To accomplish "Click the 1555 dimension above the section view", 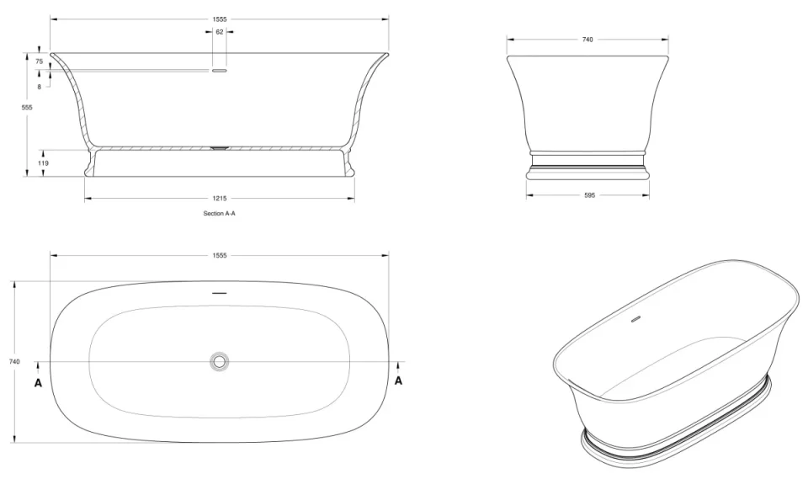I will [220, 19].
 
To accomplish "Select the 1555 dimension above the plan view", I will [220, 255].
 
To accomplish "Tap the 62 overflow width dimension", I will [220, 32].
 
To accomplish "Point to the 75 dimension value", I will [39, 61].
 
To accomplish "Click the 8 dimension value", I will [39, 87].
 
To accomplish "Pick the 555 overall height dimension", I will [27, 108].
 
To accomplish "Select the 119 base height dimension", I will [43, 163].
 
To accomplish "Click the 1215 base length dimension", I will [220, 199].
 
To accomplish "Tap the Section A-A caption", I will [220, 214].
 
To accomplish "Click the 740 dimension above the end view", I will [587, 40].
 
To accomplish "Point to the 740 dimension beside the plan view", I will [14, 361].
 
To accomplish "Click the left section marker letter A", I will [38, 381].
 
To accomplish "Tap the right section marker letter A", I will [399, 381].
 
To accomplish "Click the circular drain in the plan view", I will [220, 361].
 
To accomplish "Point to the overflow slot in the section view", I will [220, 72].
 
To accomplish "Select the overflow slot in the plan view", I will [220, 292].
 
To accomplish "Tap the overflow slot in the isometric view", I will [635, 319].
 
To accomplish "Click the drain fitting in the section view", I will [220, 147].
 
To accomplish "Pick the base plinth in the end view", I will [587, 173].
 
